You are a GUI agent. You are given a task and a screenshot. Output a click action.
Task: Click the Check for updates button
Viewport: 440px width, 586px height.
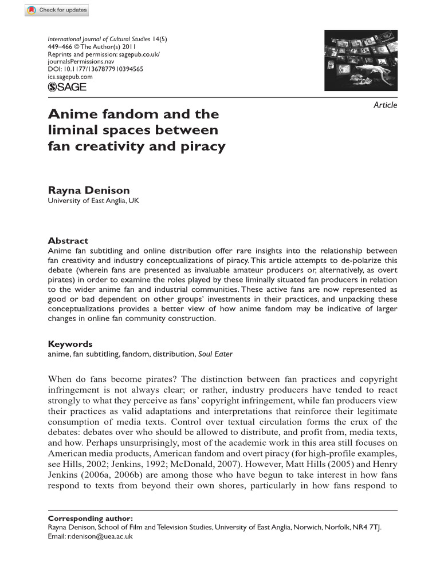(57, 10)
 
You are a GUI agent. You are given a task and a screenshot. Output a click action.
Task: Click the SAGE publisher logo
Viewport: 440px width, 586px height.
(67, 86)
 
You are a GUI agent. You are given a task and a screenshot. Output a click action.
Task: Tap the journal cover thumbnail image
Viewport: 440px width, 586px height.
(360, 60)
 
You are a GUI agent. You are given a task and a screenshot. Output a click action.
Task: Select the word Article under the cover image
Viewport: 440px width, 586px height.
(385, 105)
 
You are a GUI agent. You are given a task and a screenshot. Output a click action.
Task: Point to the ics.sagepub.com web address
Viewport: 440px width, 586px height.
(70, 77)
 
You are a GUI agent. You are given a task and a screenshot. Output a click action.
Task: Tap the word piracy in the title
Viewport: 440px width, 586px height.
(203, 146)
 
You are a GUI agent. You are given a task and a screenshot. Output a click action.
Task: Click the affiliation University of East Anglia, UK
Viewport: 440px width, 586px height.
(93, 201)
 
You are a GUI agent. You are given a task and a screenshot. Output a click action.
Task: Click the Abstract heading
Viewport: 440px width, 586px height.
(68, 241)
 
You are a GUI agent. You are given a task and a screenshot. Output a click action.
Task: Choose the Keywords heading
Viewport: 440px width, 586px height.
(70, 344)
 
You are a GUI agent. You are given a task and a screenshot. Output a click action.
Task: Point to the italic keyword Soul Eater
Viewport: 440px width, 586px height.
(215, 354)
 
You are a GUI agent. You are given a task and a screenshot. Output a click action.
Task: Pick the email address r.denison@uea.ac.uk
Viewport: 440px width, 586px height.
(100, 537)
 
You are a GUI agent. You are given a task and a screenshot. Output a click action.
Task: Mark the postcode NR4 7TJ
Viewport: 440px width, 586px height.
(367, 528)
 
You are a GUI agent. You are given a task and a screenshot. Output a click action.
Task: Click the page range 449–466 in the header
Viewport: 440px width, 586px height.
(60, 47)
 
